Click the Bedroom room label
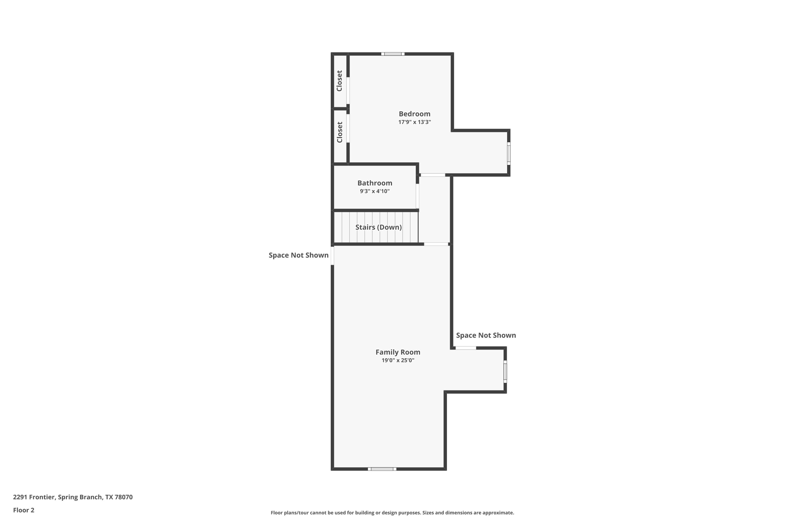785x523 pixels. click(x=414, y=114)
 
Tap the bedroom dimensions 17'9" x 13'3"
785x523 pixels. click(x=414, y=122)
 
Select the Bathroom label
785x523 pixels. click(x=374, y=183)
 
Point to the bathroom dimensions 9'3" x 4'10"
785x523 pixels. click(x=374, y=191)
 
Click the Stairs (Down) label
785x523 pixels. click(x=378, y=227)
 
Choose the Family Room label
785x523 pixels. click(x=398, y=352)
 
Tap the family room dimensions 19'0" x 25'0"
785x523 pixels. click(x=398, y=361)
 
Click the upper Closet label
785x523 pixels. click(x=339, y=81)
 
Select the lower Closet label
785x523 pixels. click(x=339, y=132)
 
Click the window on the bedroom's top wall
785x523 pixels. click(x=392, y=54)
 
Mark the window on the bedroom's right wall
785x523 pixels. click(x=509, y=154)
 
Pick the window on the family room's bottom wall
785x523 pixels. click(x=382, y=469)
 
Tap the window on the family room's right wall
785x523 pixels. click(x=505, y=371)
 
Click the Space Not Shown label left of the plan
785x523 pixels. click(x=298, y=255)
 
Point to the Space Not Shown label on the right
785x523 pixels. click(x=486, y=335)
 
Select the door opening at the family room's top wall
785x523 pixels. click(x=436, y=244)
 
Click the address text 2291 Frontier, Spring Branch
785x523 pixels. click(x=73, y=497)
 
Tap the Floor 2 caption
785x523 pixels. click(x=24, y=510)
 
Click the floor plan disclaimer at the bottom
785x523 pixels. click(x=392, y=513)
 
